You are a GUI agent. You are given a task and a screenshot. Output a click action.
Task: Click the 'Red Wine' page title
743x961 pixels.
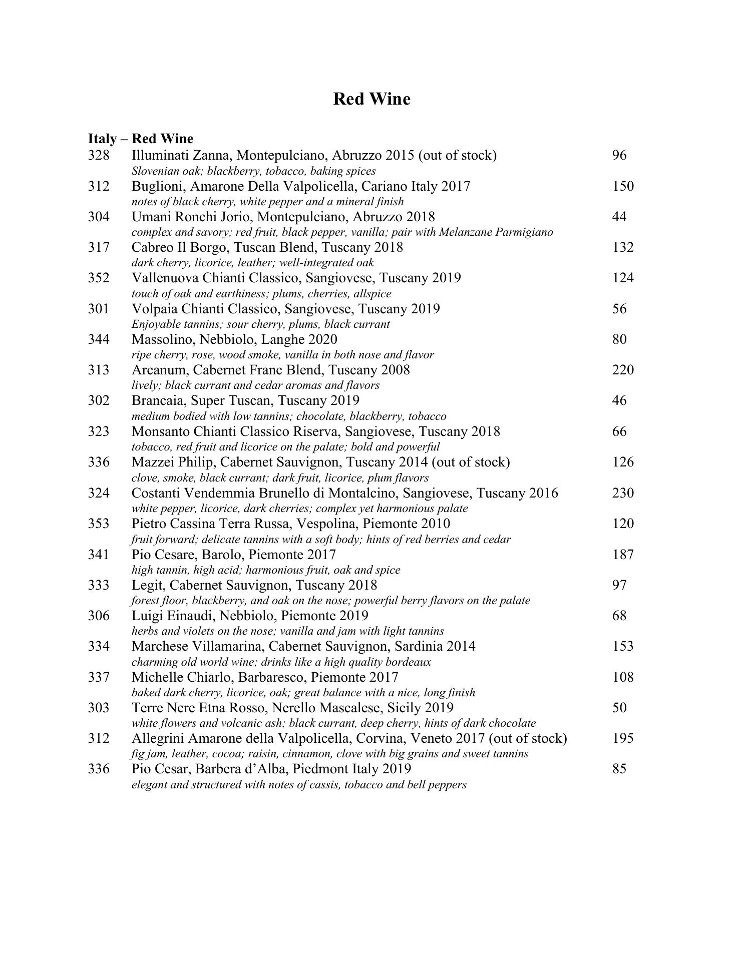click(x=372, y=99)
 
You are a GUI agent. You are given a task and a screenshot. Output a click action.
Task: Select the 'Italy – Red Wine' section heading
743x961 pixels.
click(x=141, y=139)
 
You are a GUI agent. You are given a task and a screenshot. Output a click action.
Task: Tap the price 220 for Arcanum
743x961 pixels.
click(x=622, y=370)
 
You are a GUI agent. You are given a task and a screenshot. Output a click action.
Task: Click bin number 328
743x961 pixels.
click(x=99, y=155)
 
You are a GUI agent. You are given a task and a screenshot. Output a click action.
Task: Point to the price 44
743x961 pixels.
click(x=619, y=217)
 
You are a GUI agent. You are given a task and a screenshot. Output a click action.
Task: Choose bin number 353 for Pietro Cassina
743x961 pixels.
click(x=99, y=524)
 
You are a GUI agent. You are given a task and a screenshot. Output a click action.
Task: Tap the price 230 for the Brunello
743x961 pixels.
click(x=622, y=493)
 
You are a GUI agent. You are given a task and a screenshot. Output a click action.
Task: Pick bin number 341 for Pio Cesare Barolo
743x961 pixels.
click(x=99, y=555)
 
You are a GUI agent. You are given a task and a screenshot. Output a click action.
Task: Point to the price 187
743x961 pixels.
click(x=622, y=555)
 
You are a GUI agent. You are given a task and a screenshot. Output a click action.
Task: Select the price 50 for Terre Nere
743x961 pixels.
click(x=619, y=708)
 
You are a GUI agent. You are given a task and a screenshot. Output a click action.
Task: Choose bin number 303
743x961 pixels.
click(x=99, y=708)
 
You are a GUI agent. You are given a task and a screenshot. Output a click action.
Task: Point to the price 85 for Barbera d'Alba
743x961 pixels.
click(x=619, y=769)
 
